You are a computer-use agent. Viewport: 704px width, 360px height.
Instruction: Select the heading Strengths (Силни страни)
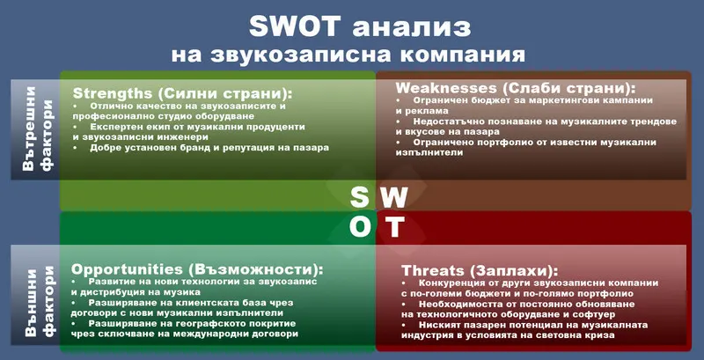tap(182, 92)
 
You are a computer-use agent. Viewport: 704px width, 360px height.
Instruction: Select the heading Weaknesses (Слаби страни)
tap(516, 89)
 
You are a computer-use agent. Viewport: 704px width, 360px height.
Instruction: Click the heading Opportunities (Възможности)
tap(197, 268)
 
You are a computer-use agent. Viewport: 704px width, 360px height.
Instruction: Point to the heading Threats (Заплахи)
tap(480, 269)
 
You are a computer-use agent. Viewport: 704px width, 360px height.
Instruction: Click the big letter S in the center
tap(360, 195)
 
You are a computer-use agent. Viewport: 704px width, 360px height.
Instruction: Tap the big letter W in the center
tap(395, 195)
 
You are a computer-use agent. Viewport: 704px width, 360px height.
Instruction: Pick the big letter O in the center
tap(361, 227)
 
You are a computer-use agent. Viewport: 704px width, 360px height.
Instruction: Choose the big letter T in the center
tap(395, 227)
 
